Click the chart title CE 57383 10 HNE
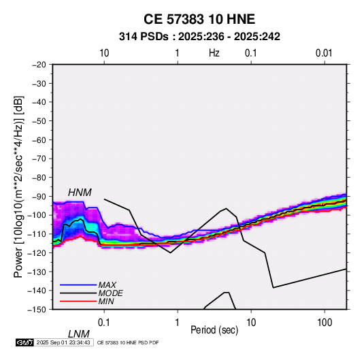pos(199,19)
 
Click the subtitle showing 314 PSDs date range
pos(199,37)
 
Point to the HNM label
pos(80,193)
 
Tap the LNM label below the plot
pos(78,334)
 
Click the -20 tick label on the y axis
pos(39,65)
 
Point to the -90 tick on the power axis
pos(39,196)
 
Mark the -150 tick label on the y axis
pos(37,310)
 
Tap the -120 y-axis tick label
pos(37,252)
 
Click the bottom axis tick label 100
pos(325,323)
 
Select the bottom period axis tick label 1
pos(178,323)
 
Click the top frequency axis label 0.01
pos(324,53)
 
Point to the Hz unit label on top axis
pos(214,53)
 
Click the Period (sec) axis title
pos(214,330)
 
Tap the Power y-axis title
pos(18,187)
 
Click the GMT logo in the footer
pos(24,342)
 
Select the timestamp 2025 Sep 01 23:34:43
pos(63,342)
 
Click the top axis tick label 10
pos(104,53)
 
